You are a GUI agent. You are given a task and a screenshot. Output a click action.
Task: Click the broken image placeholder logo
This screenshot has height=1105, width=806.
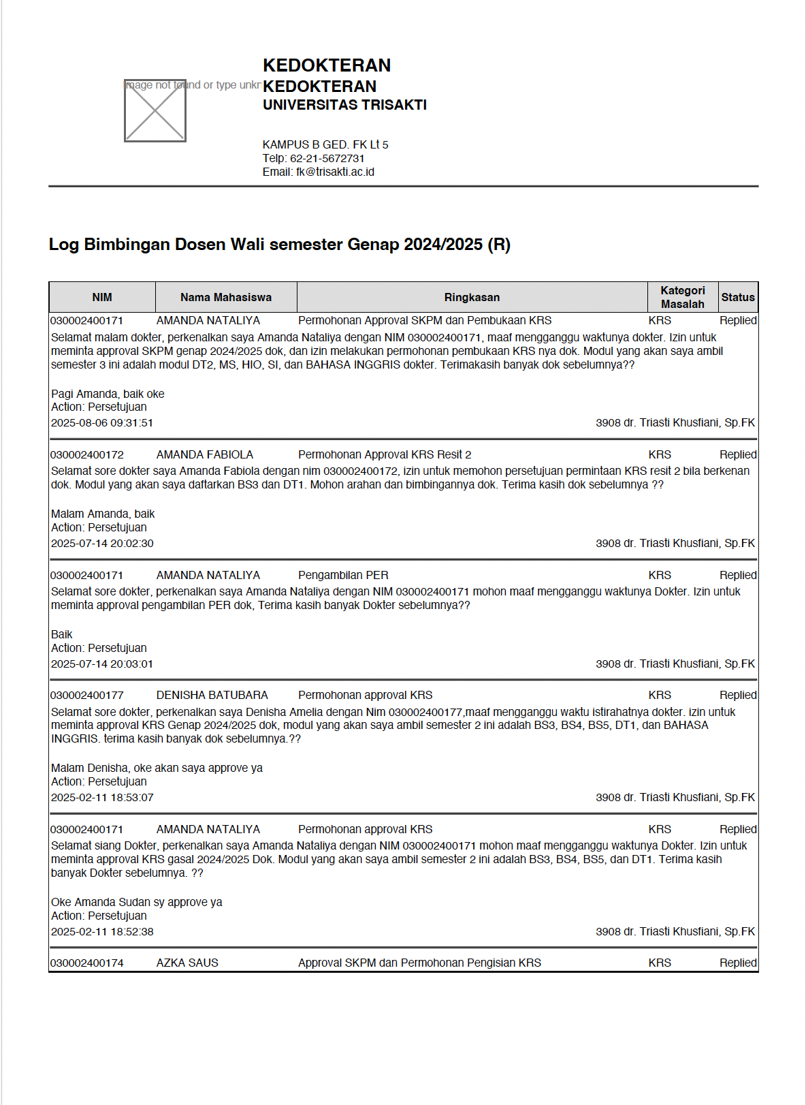155,110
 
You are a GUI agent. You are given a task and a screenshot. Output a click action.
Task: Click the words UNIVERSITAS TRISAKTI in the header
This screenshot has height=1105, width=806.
344,105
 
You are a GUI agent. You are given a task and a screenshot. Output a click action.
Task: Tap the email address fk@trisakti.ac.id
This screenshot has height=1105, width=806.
335,172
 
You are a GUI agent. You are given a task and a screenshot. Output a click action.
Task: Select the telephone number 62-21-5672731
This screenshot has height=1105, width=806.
327,158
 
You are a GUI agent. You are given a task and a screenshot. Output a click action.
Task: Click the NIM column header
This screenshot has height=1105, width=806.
102,298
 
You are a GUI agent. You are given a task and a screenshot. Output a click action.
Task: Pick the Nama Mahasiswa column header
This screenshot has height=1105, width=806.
226,298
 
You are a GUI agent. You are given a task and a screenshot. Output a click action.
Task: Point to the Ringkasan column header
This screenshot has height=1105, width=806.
472,298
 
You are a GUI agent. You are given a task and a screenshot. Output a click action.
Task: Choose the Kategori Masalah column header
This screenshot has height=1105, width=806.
683,298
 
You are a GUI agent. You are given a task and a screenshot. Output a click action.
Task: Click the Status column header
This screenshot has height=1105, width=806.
738,298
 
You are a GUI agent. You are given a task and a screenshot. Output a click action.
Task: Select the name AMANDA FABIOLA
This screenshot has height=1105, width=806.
205,454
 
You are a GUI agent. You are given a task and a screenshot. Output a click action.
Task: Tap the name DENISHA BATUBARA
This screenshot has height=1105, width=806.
212,695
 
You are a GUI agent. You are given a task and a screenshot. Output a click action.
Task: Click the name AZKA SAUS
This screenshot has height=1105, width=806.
187,963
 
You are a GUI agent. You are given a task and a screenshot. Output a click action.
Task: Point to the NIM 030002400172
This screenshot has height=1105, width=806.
87,454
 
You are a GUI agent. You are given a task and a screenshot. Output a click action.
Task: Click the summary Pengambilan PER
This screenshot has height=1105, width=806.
343,575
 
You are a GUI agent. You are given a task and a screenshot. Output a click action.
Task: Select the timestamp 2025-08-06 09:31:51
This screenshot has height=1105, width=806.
102,423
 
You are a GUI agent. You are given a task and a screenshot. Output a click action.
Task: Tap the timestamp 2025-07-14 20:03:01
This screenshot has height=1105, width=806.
102,664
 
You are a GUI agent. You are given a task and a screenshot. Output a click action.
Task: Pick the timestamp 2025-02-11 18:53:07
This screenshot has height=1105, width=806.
102,798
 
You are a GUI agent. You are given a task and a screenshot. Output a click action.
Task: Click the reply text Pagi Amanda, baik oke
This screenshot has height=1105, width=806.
108,394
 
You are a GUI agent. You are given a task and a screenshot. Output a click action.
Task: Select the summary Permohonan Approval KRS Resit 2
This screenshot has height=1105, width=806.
385,454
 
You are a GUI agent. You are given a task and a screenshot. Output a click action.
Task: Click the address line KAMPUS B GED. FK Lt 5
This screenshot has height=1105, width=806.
325,144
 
